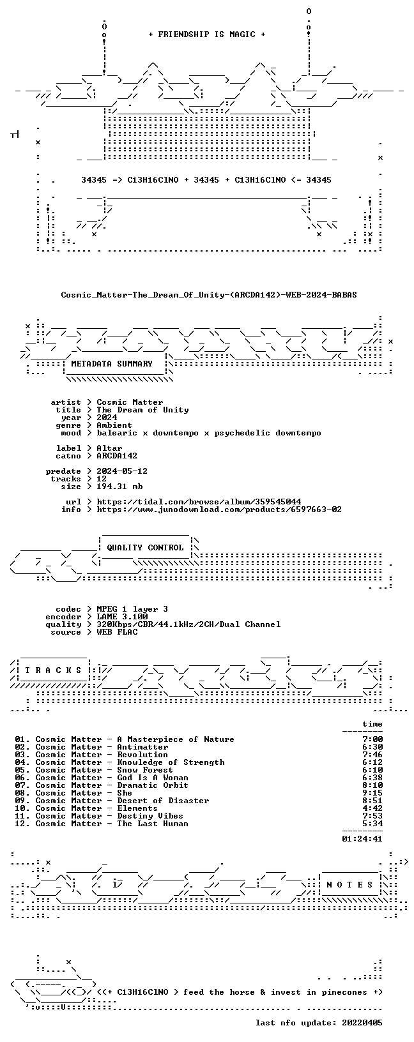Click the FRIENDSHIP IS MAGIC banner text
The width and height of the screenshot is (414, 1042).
point(207,34)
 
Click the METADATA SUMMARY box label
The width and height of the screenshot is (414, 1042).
point(112,364)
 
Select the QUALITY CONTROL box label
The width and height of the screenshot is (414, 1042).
point(145,548)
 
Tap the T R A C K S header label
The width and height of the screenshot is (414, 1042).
point(54,670)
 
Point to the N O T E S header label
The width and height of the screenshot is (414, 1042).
point(349,885)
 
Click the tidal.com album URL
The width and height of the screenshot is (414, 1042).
point(199,502)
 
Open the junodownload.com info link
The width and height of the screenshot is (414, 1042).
point(219,510)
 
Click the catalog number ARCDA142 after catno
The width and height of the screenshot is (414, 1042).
point(117,456)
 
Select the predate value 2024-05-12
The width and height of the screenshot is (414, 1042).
point(122,471)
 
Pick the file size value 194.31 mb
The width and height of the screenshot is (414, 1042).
point(119,487)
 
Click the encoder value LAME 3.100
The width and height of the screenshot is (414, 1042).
point(122,617)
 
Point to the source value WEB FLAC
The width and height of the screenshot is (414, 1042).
point(117,632)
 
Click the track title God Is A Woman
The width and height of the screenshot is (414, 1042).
point(153,778)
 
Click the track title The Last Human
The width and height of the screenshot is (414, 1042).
point(153,824)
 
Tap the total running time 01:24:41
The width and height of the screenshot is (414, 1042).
point(362,839)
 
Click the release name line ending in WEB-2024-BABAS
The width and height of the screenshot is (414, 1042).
point(209,295)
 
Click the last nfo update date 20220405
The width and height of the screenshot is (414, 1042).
point(362,1023)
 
